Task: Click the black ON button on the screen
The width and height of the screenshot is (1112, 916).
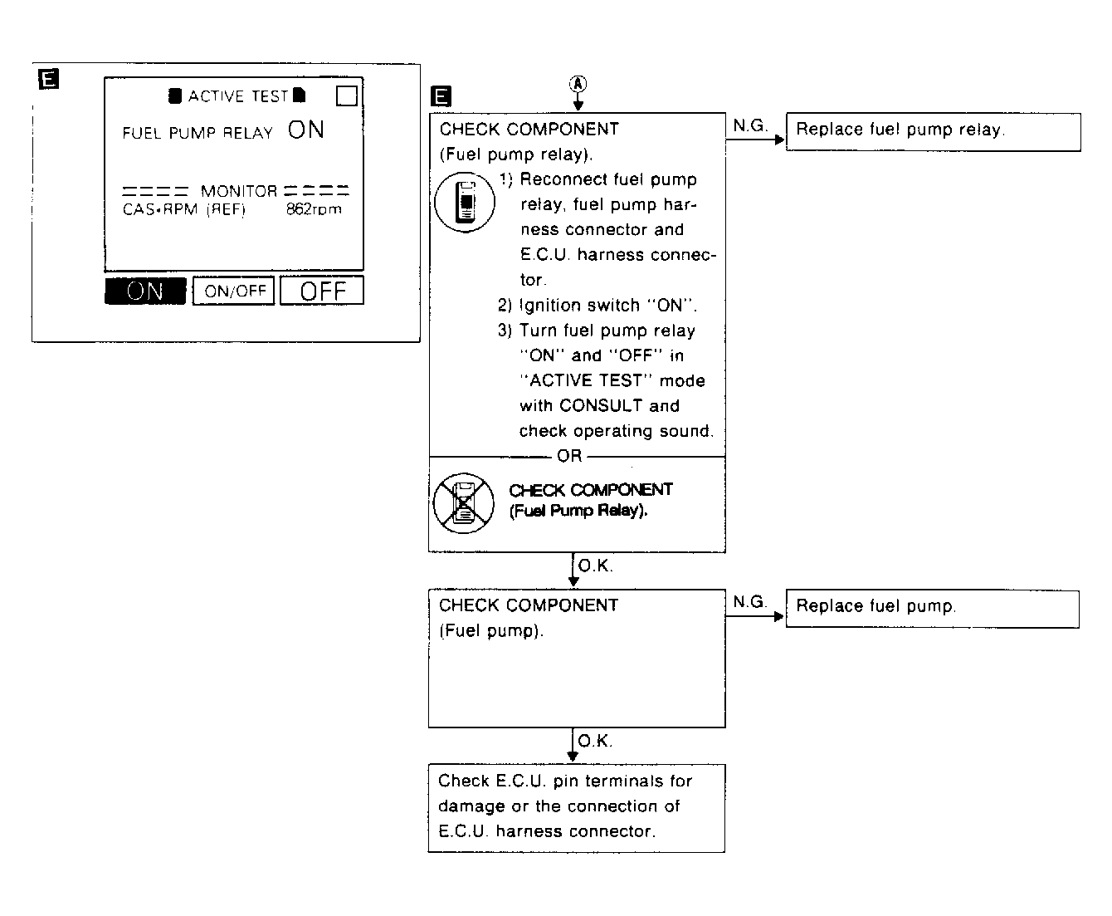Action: (x=145, y=291)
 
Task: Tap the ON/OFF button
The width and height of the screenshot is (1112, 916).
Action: (x=234, y=291)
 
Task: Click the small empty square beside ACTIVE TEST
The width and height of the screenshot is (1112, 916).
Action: (x=347, y=96)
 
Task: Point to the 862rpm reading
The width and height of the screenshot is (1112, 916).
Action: (x=314, y=209)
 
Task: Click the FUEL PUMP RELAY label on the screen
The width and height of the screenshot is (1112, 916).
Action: (x=198, y=133)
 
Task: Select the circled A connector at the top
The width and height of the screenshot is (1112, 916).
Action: (x=578, y=83)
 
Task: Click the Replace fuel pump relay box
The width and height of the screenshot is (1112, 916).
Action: (x=933, y=131)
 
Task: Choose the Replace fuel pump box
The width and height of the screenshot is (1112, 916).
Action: (x=932, y=608)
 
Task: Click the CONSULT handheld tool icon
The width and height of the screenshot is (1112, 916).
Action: (x=465, y=203)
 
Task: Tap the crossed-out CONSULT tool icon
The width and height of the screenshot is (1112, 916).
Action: (x=463, y=503)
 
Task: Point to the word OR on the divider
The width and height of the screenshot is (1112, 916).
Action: (x=569, y=456)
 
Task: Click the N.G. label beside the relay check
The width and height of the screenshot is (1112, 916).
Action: (x=750, y=125)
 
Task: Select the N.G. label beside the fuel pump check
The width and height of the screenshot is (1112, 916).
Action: (x=749, y=602)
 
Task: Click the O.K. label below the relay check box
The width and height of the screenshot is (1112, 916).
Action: (x=595, y=566)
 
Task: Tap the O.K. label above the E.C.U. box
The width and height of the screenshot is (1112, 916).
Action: (x=595, y=741)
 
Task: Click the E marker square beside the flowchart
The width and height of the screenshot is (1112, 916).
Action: (x=442, y=97)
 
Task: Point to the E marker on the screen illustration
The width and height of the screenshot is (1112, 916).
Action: (x=49, y=80)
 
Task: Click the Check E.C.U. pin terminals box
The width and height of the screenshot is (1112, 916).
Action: (x=576, y=807)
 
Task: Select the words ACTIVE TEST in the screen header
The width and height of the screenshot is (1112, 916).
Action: (x=237, y=96)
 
